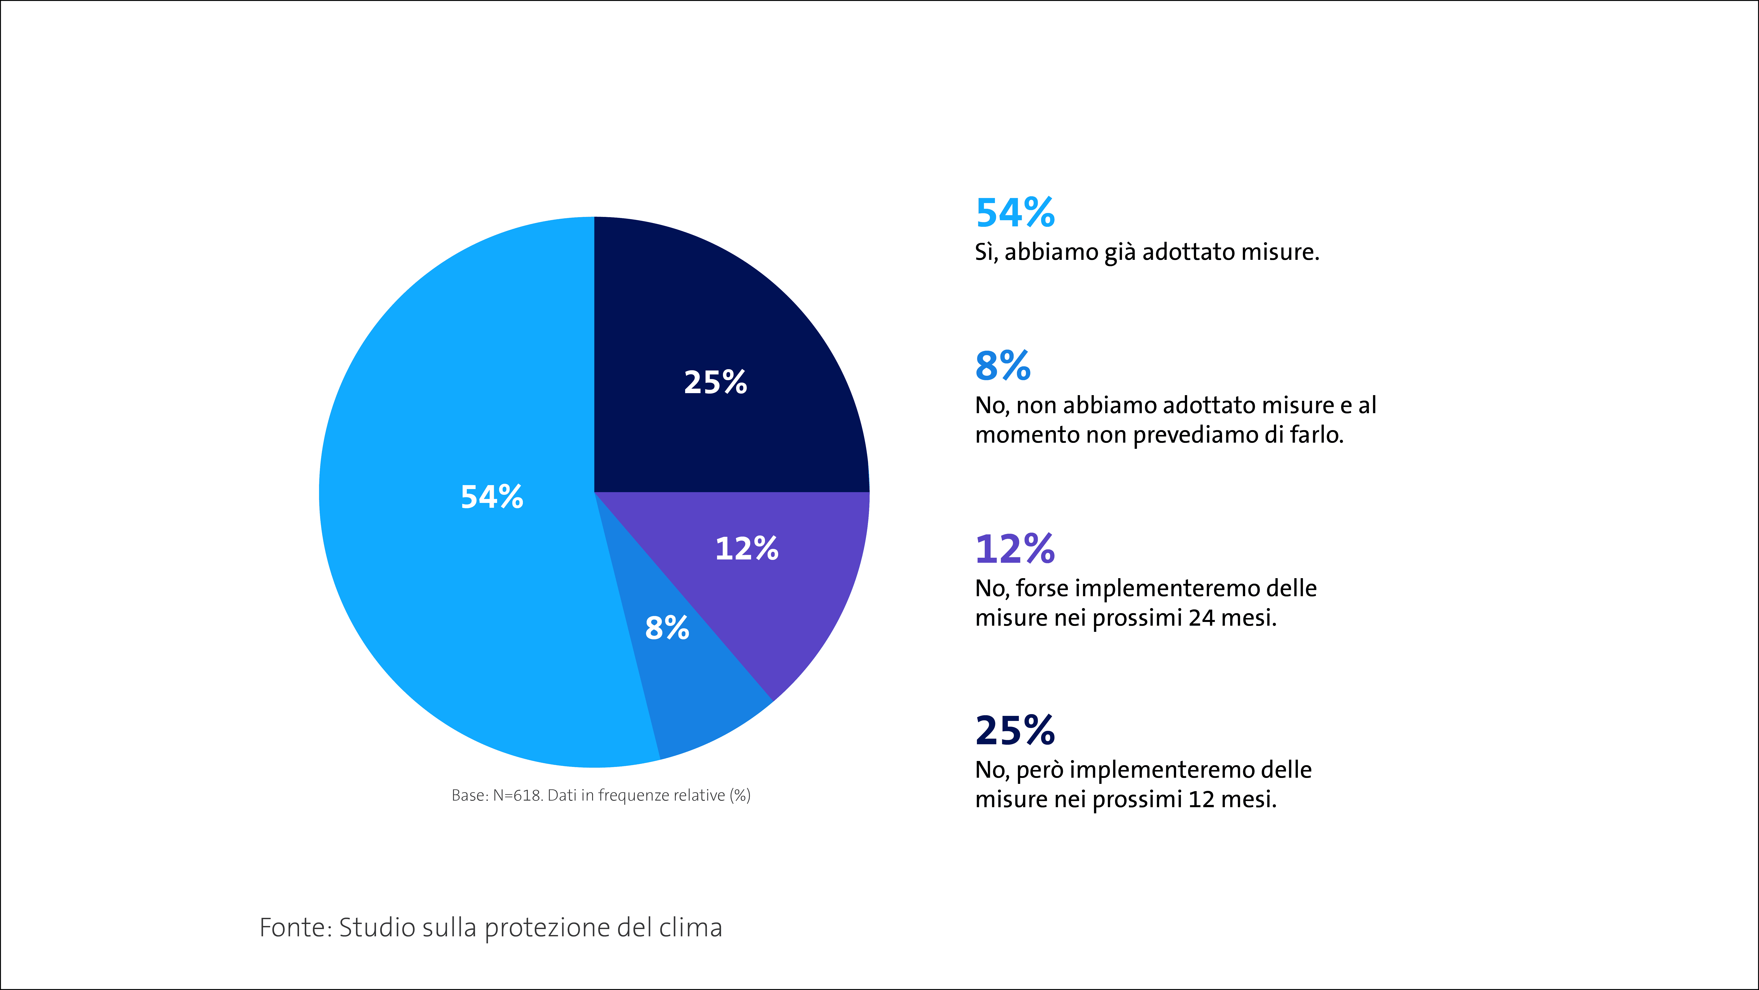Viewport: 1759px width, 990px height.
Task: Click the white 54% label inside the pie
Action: coord(492,497)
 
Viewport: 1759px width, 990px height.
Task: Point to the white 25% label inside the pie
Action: coord(716,382)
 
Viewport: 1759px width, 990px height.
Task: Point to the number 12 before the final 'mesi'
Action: coord(1201,799)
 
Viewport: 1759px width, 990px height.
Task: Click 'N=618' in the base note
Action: coord(518,795)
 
